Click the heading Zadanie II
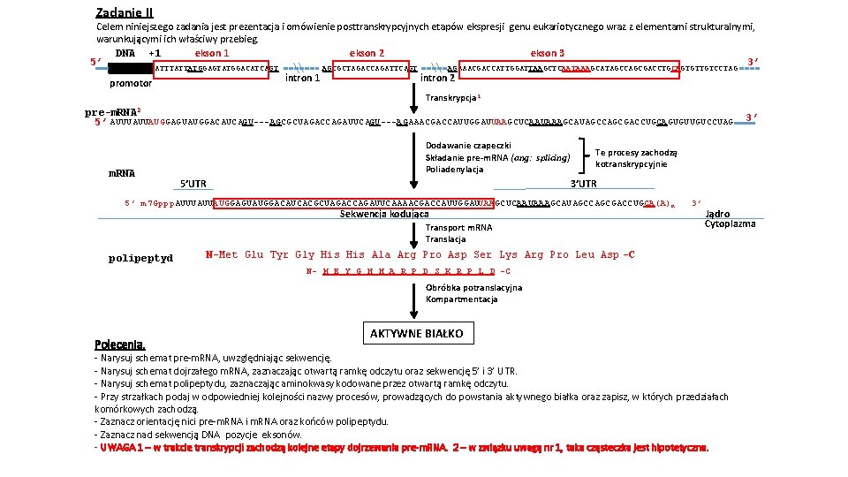coord(124,12)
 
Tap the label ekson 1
coord(212,53)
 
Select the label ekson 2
coord(367,53)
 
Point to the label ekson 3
coord(548,53)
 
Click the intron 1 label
coord(301,79)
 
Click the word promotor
coord(130,84)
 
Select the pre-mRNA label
coord(110,112)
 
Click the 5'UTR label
coord(193,184)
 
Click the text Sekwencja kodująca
coord(384,214)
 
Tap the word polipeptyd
coord(140,259)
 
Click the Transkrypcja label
coord(452,98)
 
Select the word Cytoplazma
coord(730,223)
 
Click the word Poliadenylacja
coord(454,170)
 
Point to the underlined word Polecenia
coord(119,344)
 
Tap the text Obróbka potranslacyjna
coord(473,287)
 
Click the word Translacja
coord(445,238)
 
